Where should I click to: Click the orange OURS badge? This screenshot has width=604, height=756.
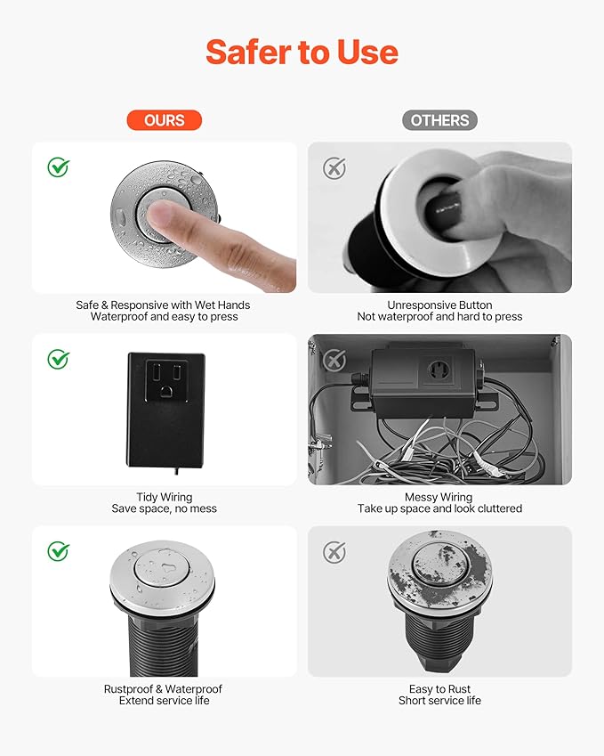point(164,120)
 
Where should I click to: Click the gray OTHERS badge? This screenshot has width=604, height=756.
point(439,120)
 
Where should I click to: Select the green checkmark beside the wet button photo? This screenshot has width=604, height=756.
point(59,167)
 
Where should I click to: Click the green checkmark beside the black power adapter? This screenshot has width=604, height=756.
point(59,359)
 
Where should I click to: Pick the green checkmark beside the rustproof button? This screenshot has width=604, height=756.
point(59,551)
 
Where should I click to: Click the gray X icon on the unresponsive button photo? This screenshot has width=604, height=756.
point(334,168)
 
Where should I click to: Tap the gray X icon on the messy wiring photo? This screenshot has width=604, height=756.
point(334,360)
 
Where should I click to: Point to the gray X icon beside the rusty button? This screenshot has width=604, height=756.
point(334,552)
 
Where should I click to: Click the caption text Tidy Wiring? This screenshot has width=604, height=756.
point(164,497)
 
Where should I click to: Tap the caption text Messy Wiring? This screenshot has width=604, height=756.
point(439,497)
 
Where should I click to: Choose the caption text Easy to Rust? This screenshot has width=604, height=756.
point(439,689)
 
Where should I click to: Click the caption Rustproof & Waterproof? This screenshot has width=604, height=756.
point(164,689)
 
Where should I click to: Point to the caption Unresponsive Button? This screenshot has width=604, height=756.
point(439,305)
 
